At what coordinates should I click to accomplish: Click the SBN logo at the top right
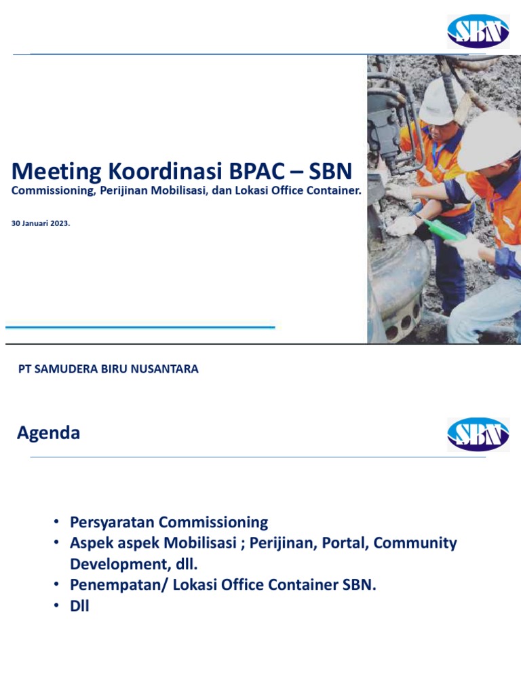(x=478, y=31)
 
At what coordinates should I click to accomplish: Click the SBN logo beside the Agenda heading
(x=478, y=434)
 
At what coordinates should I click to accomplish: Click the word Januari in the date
(x=34, y=223)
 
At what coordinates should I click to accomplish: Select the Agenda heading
(x=48, y=433)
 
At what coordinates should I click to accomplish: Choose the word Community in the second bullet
(x=416, y=543)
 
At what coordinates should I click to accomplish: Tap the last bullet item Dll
(x=79, y=606)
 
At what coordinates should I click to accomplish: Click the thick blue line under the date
(x=140, y=327)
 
